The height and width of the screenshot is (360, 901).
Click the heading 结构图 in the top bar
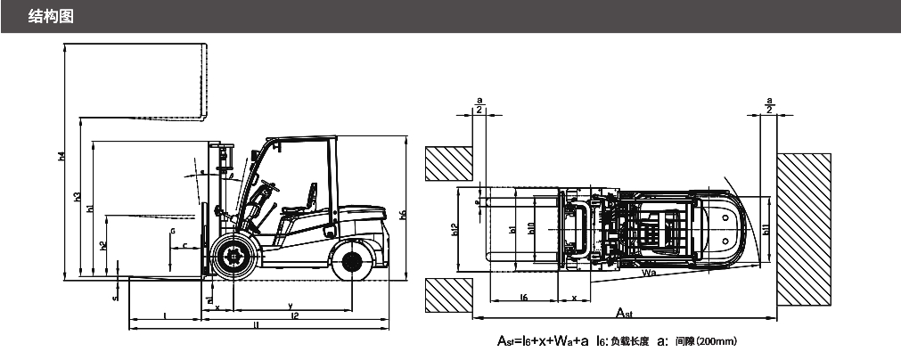coord(50,16)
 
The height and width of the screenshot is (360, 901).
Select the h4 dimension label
coord(61,157)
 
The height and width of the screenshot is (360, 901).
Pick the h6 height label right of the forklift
coord(402,215)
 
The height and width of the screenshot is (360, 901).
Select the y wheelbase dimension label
coord(291,306)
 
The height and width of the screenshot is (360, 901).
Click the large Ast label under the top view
coord(627,313)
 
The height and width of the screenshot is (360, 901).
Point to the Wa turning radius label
coord(650,274)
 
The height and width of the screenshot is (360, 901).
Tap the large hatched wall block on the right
coord(805,229)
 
